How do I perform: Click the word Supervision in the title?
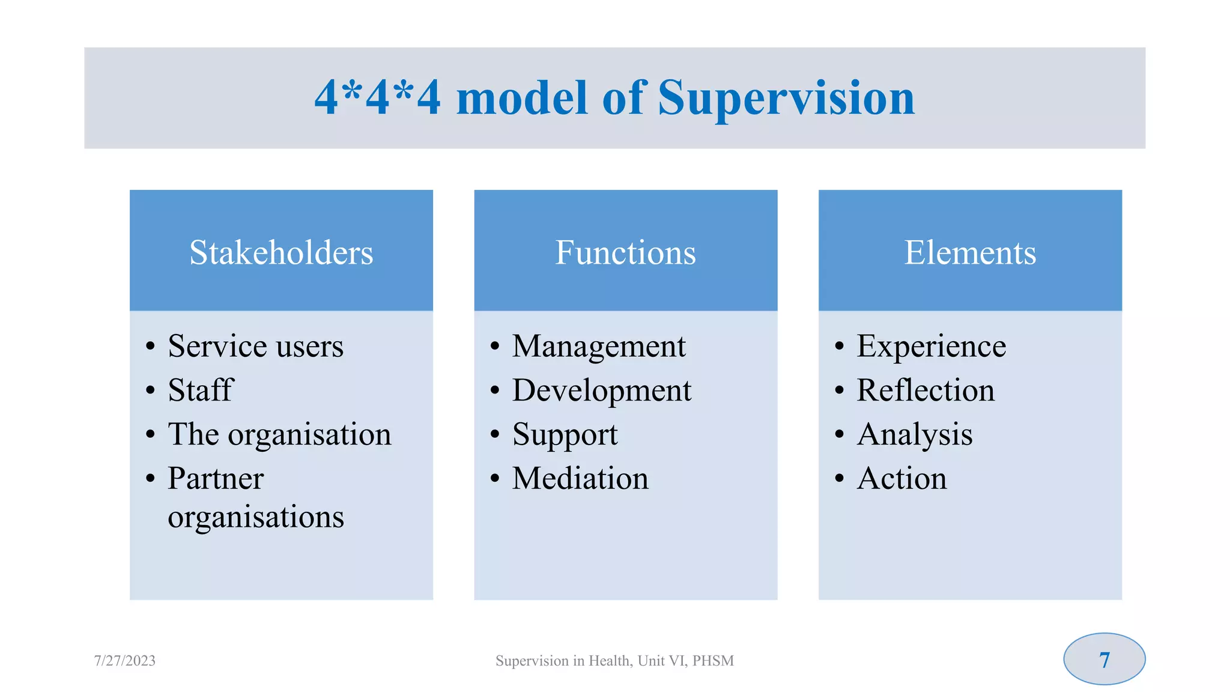pyautogui.click(x=786, y=99)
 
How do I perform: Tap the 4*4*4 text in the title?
pyautogui.click(x=377, y=99)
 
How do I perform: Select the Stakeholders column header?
pyautogui.click(x=281, y=252)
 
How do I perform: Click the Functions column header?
pyautogui.click(x=625, y=252)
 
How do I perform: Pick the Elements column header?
pyautogui.click(x=970, y=252)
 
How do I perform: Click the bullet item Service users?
pyautogui.click(x=255, y=347)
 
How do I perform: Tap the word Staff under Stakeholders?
pyautogui.click(x=201, y=390)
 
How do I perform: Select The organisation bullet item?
pyautogui.click(x=279, y=434)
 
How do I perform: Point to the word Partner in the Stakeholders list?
pyautogui.click(x=216, y=479)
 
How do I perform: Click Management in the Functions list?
pyautogui.click(x=599, y=347)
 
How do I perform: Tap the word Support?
pyautogui.click(x=565, y=435)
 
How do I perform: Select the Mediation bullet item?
pyautogui.click(x=580, y=479)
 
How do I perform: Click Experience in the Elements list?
pyautogui.click(x=931, y=347)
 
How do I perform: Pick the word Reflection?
pyautogui.click(x=926, y=390)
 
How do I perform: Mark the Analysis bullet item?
pyautogui.click(x=915, y=435)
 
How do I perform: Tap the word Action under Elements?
pyautogui.click(x=901, y=479)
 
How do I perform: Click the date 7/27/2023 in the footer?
pyautogui.click(x=125, y=661)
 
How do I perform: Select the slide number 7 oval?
pyautogui.click(x=1104, y=660)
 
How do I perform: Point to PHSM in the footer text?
pyautogui.click(x=713, y=661)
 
